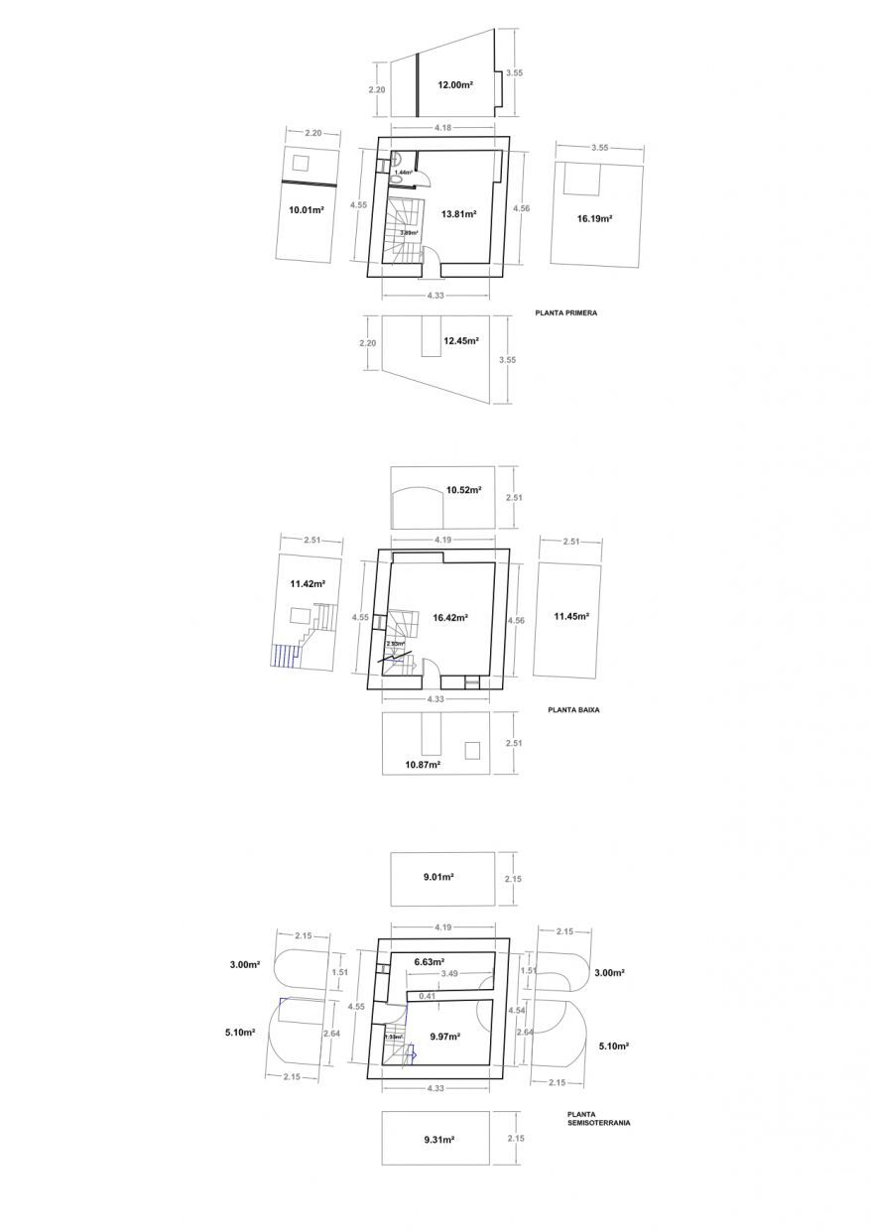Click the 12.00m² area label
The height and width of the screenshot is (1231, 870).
point(455,85)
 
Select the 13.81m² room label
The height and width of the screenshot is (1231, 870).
point(459,214)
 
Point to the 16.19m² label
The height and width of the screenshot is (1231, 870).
point(594,218)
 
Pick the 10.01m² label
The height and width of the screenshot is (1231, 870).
point(306,210)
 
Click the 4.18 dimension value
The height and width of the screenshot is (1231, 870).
point(444,127)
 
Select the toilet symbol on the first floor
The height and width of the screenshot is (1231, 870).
point(396,159)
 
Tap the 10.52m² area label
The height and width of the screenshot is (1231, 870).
point(464,490)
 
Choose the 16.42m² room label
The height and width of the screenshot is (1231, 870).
point(450,617)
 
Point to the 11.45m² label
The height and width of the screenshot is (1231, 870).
point(572,616)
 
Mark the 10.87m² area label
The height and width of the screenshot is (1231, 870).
point(424,765)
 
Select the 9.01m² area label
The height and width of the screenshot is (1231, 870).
point(438,877)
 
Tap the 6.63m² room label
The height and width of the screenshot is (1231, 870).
point(429,961)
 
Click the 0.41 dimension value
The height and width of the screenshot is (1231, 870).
point(428,995)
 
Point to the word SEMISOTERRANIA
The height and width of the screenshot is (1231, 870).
point(598,1123)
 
